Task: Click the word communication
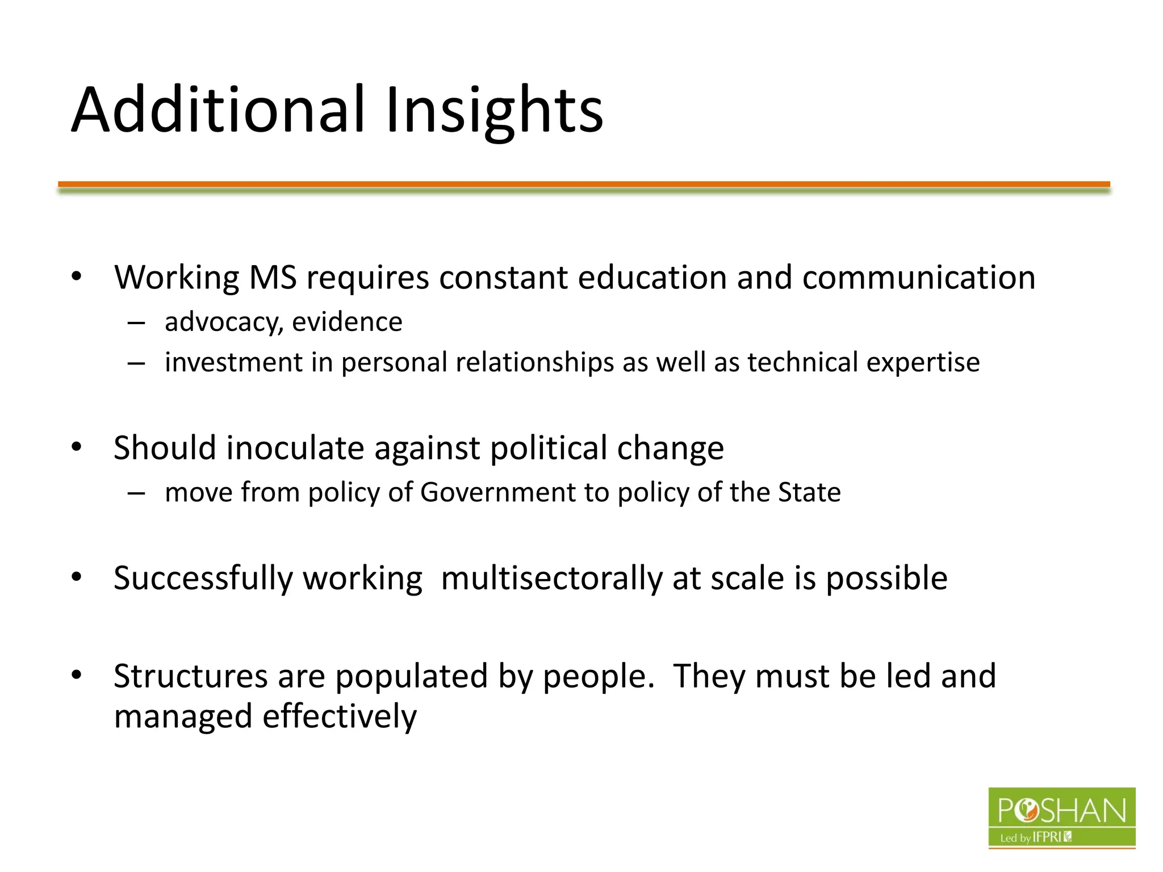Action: click(919, 278)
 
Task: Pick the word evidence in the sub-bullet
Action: click(347, 322)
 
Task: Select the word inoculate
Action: click(295, 448)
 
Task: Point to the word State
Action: click(809, 492)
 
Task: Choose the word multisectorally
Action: click(552, 578)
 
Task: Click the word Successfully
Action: click(203, 578)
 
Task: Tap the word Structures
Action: click(191, 676)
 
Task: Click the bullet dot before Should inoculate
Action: click(77, 447)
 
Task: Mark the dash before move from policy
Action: click(136, 493)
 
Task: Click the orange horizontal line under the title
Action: click(584, 185)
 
